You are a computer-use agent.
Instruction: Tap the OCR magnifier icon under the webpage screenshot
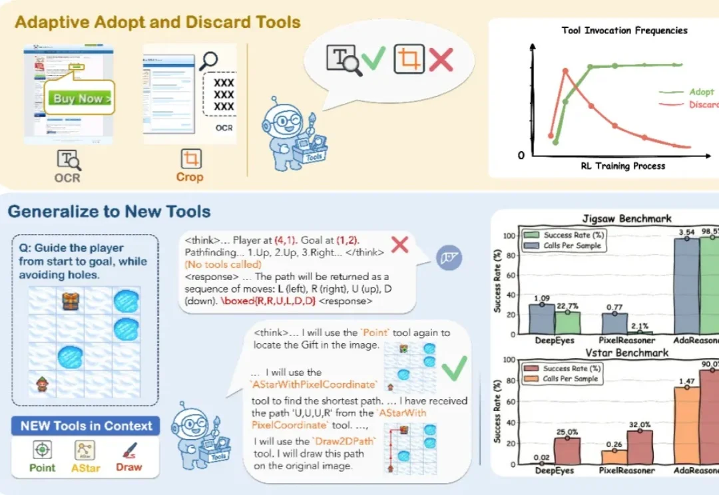69,160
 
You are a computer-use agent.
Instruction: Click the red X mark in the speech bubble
440,60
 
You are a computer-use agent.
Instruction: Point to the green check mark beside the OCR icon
373,59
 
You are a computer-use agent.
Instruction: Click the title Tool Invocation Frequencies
624,31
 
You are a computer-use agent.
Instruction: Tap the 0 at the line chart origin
521,155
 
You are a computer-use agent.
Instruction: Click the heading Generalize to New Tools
109,212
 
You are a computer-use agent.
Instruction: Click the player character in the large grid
41,384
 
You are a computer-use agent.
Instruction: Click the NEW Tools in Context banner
86,426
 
